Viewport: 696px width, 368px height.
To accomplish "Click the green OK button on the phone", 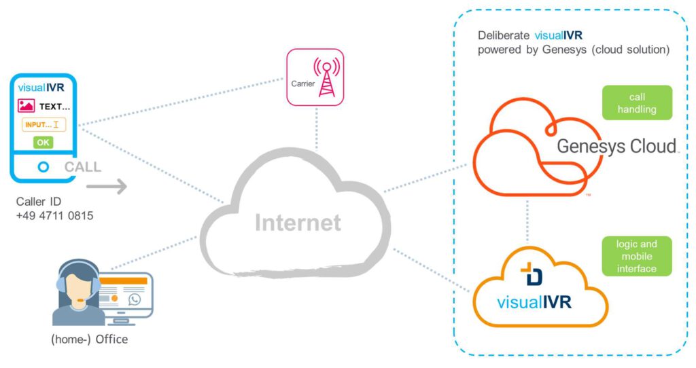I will [43, 143].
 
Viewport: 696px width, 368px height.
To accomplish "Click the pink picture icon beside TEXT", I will [27, 106].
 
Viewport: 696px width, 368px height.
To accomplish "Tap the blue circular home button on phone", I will [43, 167].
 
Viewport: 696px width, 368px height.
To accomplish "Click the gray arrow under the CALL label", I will [107, 187].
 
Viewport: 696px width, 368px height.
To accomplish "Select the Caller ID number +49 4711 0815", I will [54, 216].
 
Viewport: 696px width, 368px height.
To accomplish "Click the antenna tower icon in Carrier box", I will [326, 77].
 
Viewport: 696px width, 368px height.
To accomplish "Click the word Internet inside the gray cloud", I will [298, 222].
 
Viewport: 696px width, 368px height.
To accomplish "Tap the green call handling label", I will [636, 103].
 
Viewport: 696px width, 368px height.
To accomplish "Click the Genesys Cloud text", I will [616, 146].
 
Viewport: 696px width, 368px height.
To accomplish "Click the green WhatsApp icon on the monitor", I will [134, 299].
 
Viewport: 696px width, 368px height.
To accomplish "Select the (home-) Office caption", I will [89, 339].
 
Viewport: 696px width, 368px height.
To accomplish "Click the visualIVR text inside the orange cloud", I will [534, 301].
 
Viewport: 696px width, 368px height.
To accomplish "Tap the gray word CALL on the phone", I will [83, 167].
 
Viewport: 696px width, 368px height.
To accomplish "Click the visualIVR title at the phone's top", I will [41, 87].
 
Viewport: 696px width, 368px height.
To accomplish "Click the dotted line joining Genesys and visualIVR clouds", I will [526, 222].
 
